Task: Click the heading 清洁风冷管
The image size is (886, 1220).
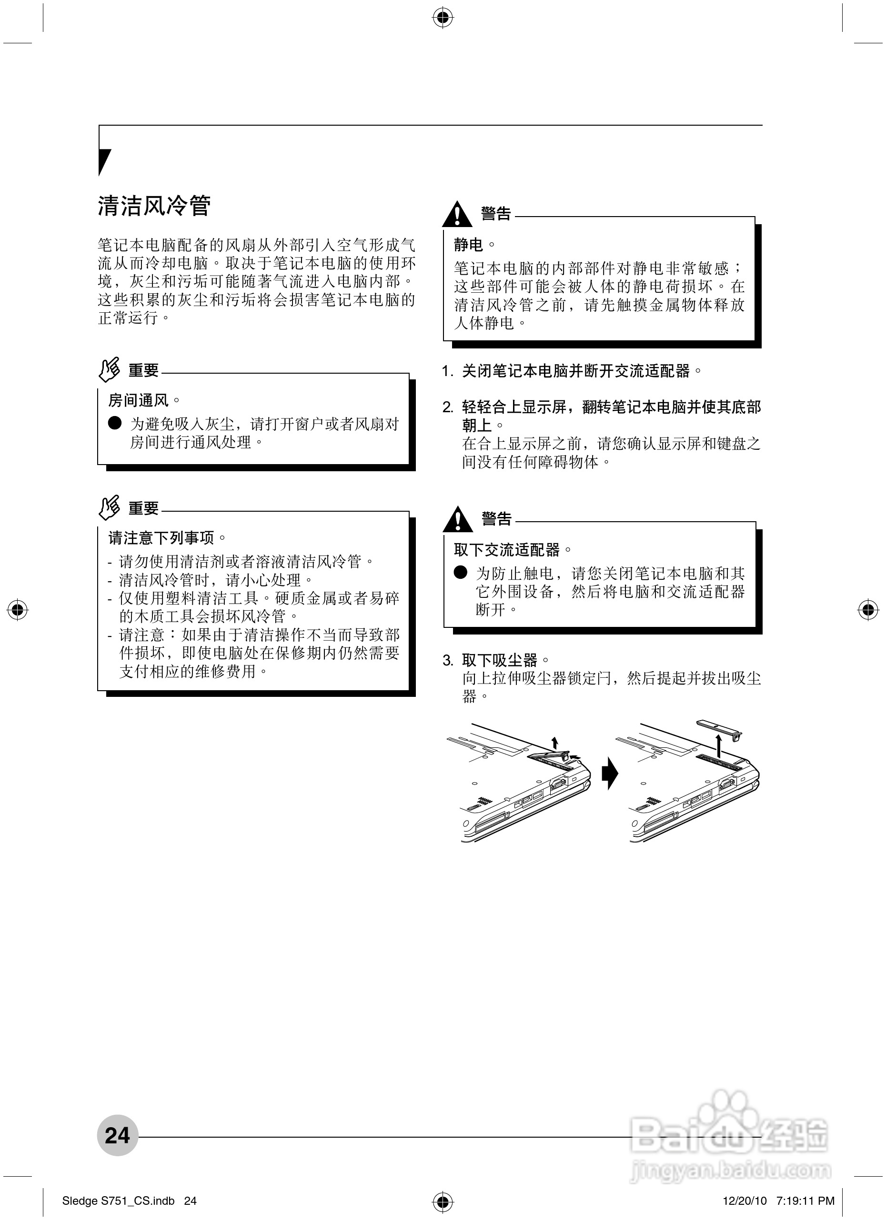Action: coord(154,206)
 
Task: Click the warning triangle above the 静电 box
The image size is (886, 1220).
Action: coord(456,214)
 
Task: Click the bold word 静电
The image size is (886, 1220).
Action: coord(468,245)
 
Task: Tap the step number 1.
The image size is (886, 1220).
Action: coord(447,371)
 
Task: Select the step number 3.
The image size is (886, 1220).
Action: coord(447,661)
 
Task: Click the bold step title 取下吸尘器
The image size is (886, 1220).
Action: coord(500,660)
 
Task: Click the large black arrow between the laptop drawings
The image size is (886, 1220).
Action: coord(610,774)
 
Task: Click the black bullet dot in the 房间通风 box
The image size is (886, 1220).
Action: coord(115,423)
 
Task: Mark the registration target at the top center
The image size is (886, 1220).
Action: coord(443,18)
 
